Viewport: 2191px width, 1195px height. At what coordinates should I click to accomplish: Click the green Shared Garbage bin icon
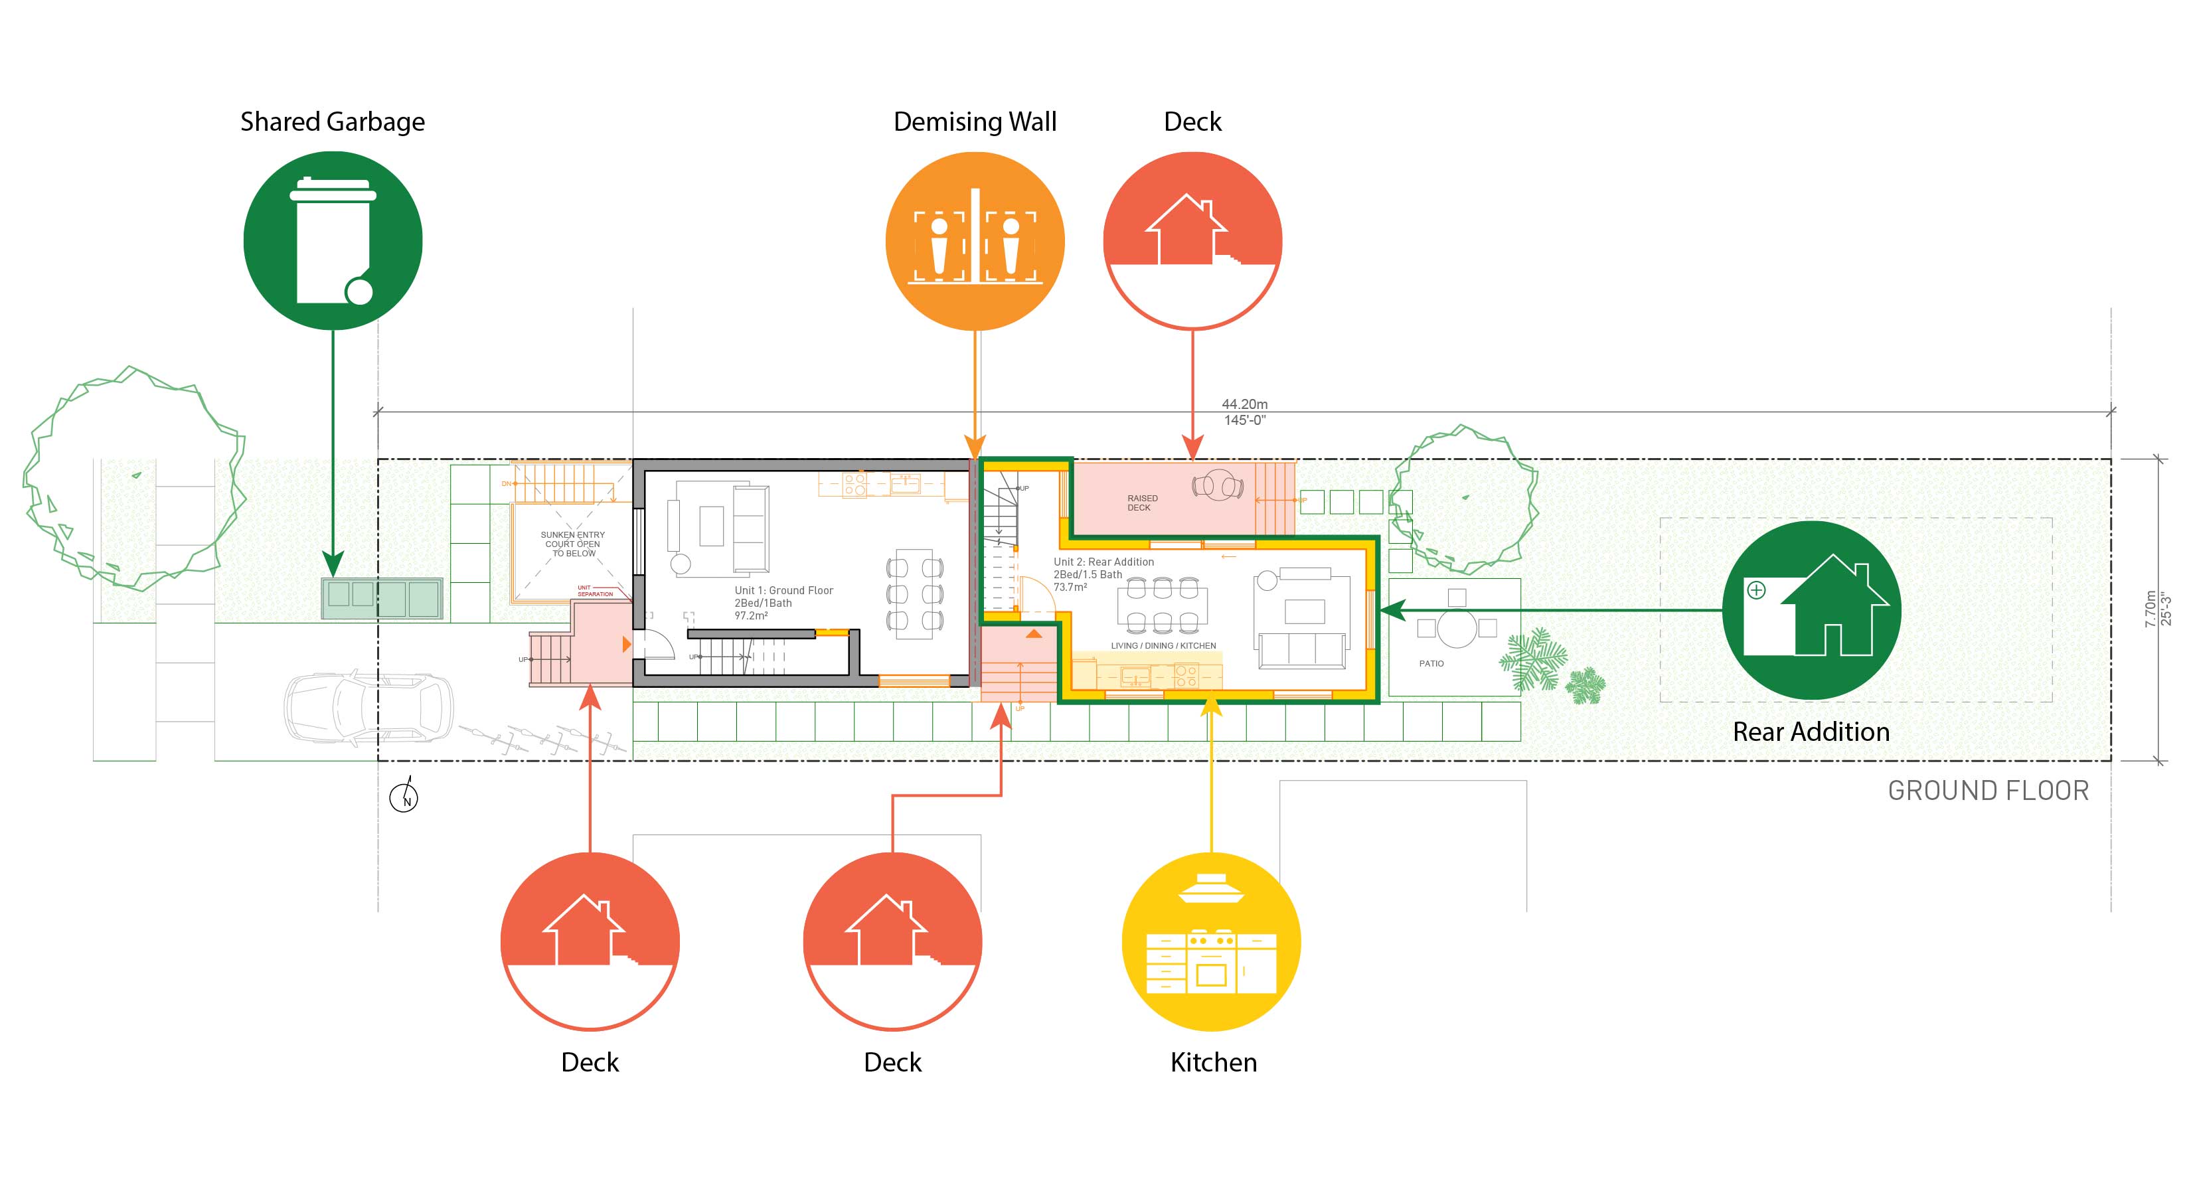point(333,241)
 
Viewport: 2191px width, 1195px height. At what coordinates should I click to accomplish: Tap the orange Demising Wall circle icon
point(975,241)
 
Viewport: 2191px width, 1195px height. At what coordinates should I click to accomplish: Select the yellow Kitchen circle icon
point(1211,941)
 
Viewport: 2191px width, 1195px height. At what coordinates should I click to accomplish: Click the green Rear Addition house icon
point(1811,610)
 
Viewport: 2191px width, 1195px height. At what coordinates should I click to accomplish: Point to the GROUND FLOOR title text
point(1988,791)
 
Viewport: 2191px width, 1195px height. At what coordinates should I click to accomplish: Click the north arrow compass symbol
point(404,797)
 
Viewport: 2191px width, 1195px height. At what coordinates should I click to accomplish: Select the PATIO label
point(1431,663)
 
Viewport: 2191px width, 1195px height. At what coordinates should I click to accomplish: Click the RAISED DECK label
point(1141,503)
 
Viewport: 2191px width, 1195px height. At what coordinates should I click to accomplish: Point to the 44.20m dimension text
point(1244,404)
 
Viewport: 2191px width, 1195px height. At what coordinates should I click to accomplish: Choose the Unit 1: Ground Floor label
point(783,590)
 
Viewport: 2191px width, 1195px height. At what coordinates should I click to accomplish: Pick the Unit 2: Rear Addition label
point(1103,562)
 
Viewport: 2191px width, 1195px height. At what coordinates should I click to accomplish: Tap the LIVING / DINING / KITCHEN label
point(1163,645)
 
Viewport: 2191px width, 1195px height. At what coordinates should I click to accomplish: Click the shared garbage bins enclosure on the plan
point(381,598)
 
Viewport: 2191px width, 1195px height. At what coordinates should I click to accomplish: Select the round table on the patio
point(1456,629)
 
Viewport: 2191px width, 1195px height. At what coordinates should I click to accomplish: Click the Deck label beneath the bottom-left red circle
point(590,1062)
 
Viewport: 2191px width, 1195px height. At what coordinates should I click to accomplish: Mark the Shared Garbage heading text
point(333,121)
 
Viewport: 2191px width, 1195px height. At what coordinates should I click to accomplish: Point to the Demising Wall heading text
point(975,121)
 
